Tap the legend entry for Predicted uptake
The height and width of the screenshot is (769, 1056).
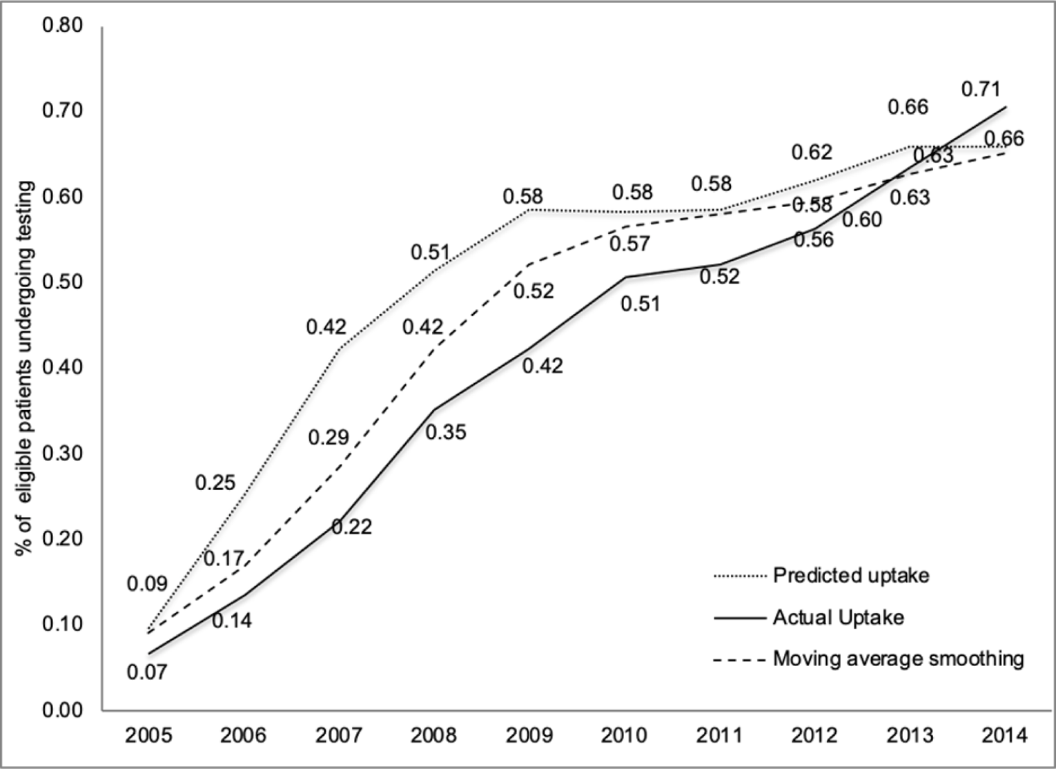850,575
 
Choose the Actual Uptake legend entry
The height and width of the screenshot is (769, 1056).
838,617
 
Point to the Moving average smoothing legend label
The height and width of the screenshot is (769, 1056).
898,659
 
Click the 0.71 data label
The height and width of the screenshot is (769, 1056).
980,89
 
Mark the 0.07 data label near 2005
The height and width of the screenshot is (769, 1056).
147,671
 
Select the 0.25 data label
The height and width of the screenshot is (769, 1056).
215,483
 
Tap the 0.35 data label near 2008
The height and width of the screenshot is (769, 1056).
446,432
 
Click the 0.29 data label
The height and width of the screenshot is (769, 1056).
328,438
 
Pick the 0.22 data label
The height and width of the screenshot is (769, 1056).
351,527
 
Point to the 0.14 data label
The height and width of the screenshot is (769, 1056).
232,621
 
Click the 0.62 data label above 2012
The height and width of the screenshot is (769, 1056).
812,152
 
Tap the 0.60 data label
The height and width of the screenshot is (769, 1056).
861,220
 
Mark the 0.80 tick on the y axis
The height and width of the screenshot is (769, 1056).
62,26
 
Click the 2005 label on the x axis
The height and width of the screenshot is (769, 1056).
147,734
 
